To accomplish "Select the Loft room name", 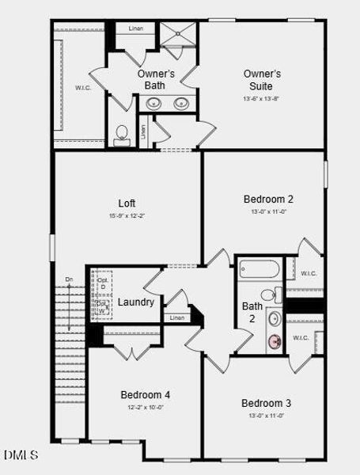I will point(127,203).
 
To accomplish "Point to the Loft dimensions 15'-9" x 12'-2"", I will point(127,216).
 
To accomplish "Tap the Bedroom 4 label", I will point(145,394).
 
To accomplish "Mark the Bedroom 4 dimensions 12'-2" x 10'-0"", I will point(145,407).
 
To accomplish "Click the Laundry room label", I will point(136,302).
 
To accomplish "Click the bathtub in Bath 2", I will point(259,270).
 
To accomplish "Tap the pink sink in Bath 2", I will point(275,342).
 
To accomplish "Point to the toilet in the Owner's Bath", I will point(122,135).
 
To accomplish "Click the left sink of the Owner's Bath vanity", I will point(153,103).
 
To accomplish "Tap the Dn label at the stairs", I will point(70,279).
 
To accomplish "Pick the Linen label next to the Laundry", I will point(177,317).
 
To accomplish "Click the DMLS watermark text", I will point(21,455).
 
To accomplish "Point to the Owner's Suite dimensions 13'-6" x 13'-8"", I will point(261,99).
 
